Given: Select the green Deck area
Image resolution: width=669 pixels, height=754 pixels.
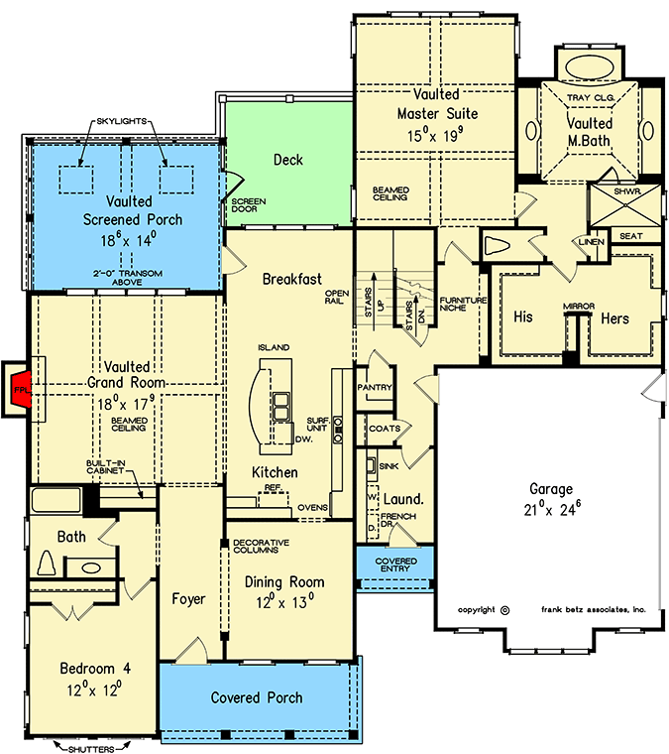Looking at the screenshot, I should [287, 160].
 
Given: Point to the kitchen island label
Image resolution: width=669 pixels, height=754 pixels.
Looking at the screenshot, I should [274, 347].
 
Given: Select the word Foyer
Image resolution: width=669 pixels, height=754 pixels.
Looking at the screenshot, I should [188, 598].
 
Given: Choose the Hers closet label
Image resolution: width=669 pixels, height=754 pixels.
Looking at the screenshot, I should [614, 318].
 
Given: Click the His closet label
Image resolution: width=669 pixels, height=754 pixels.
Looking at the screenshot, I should [523, 318].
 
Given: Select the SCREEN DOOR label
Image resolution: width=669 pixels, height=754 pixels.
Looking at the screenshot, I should [242, 205].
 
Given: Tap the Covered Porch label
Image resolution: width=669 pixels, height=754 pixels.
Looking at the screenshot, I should [257, 698].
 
